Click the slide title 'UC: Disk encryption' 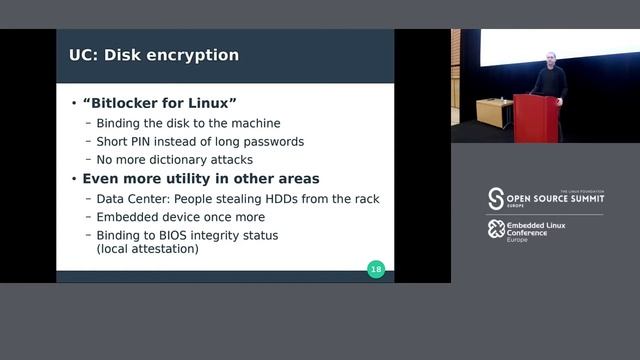click(153, 54)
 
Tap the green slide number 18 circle click(376, 268)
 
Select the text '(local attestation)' click(148, 248)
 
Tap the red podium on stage click(536, 118)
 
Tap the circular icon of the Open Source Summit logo click(495, 198)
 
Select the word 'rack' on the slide click(365, 199)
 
